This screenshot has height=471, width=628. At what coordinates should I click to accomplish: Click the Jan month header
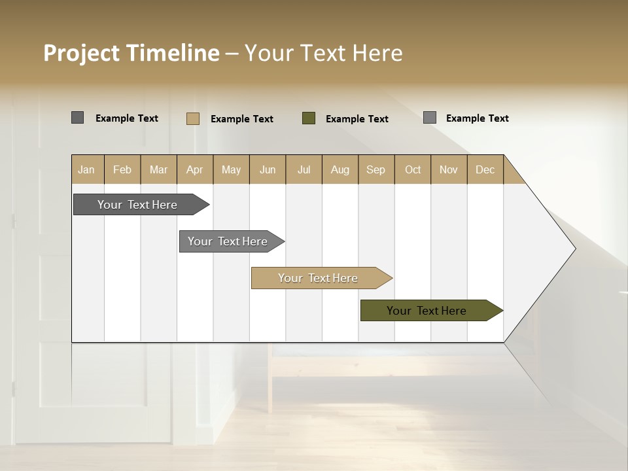coord(87,169)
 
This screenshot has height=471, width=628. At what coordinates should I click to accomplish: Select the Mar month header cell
coord(158,169)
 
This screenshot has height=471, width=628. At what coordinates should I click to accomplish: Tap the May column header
coord(231,169)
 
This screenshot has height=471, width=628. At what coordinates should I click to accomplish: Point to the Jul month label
coord(304,169)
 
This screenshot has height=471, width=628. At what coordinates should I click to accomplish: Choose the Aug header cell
coord(340,169)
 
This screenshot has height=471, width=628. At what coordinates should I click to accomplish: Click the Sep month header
coord(376,169)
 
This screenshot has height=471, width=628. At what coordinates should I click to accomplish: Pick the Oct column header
coord(413,169)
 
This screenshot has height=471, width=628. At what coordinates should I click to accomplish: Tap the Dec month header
coord(485,169)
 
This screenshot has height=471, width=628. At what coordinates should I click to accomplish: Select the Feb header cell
coord(122,169)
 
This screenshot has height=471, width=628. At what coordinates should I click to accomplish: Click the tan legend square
coord(193,118)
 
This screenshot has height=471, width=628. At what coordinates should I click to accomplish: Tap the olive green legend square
coord(309,118)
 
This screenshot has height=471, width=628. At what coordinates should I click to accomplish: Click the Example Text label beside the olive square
coord(357,118)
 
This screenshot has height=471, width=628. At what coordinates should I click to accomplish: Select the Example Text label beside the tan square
coord(241,118)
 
